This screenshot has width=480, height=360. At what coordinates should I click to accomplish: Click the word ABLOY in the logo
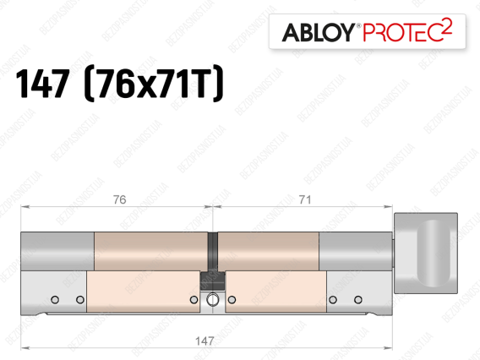(318, 32)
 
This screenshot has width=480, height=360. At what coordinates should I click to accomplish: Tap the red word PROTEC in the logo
(402, 32)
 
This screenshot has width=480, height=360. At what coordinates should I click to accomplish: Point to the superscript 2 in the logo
(447, 26)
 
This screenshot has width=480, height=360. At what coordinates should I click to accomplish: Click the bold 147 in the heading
(42, 84)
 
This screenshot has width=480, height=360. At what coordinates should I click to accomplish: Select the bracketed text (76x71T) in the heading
(154, 84)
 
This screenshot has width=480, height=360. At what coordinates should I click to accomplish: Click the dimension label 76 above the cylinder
(119, 199)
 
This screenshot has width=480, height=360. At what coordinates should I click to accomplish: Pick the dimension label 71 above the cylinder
(305, 199)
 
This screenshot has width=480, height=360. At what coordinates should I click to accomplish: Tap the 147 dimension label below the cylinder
(205, 341)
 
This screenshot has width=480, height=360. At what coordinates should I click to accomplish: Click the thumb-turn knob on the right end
(426, 253)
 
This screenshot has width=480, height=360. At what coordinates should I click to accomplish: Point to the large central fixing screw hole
(212, 300)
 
